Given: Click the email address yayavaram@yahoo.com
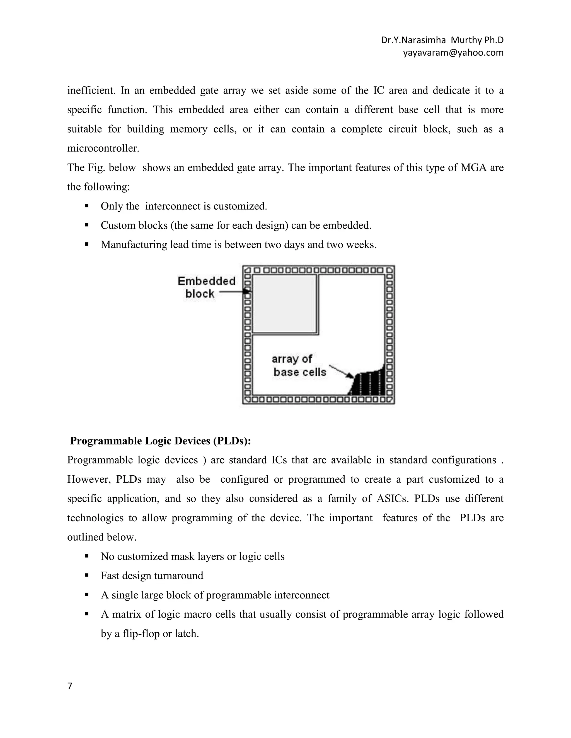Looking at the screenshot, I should tap(453, 53).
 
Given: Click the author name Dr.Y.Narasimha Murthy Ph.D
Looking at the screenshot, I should tap(442, 40).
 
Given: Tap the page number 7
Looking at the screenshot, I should tap(70, 686).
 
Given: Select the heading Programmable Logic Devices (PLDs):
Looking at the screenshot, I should tap(160, 441).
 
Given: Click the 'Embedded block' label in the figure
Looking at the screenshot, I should tap(206, 287).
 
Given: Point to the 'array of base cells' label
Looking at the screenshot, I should tap(299, 366).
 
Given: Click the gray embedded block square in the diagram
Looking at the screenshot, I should tap(284, 304).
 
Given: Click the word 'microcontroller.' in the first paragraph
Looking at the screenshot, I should tap(103, 148).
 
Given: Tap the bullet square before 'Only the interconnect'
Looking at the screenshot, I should tap(87, 206).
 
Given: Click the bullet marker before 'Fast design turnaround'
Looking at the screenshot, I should tap(87, 575).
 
